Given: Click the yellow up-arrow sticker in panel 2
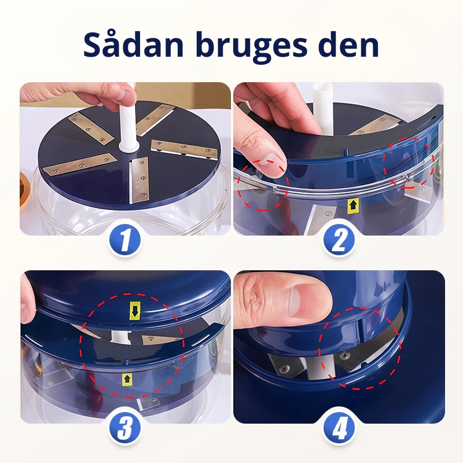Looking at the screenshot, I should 352,204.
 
